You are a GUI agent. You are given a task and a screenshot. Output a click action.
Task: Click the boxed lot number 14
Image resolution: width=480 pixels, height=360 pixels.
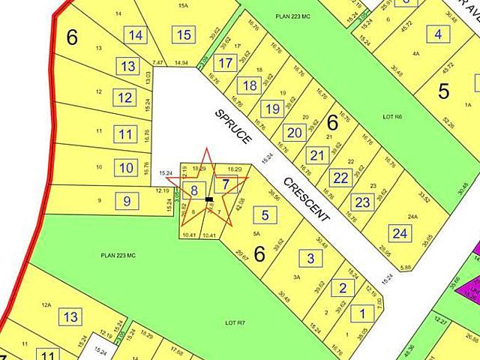click(136, 35)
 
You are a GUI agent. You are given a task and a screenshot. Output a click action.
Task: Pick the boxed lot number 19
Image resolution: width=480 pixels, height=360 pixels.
click(273, 109)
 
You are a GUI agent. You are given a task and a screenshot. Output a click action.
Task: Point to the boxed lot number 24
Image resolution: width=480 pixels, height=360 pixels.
click(399, 234)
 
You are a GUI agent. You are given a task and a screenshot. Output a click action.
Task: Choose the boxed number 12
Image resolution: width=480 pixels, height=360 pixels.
click(124, 97)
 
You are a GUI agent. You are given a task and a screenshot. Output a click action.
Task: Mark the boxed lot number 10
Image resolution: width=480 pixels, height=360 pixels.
click(126, 166)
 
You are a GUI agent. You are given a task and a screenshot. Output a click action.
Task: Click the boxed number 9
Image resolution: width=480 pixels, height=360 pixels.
click(127, 200)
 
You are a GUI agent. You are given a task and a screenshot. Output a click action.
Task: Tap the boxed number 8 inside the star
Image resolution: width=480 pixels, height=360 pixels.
click(194, 190)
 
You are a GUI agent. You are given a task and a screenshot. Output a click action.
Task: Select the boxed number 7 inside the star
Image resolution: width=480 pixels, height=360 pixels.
click(225, 182)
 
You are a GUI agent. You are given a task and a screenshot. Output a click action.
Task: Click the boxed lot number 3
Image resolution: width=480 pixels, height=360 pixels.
click(311, 259)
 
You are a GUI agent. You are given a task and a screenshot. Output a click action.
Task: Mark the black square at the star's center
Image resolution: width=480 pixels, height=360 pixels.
click(209, 199)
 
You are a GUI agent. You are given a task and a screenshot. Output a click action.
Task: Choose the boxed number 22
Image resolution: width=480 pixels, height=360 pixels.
click(341, 178)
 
